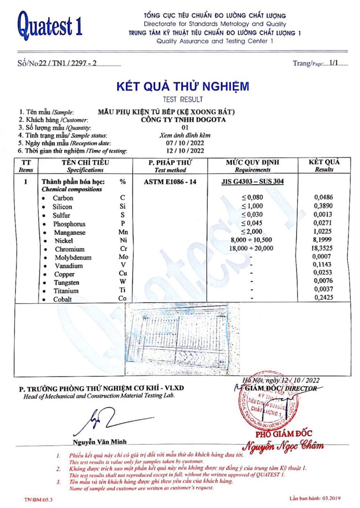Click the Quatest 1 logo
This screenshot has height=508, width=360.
(50, 25)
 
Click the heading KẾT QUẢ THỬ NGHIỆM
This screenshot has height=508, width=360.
(182, 87)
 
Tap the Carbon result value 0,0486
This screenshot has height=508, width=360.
(323, 198)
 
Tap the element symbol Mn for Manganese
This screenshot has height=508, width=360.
(123, 232)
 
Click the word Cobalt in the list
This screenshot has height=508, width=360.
(62, 299)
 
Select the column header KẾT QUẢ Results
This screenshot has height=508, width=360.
(324, 165)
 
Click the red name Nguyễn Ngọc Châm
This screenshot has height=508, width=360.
(284, 445)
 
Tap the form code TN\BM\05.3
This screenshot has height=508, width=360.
(38, 500)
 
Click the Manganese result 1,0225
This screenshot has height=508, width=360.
(323, 232)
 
